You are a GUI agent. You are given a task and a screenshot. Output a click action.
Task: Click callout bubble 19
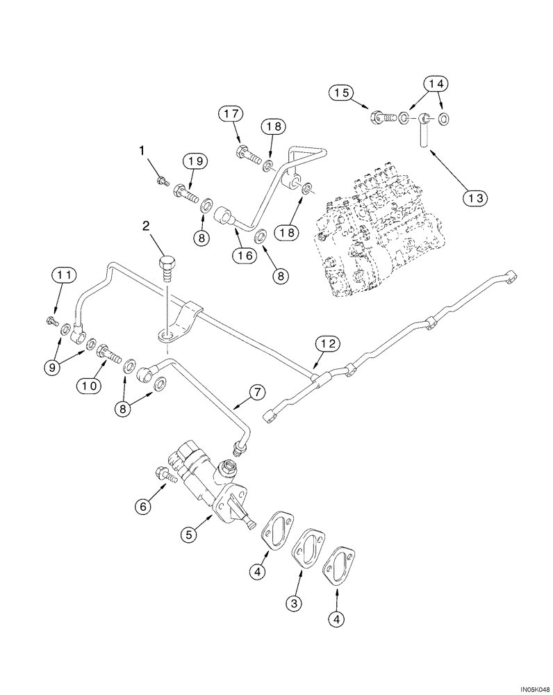click(x=195, y=162)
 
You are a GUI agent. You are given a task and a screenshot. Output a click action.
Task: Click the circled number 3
click(x=295, y=603)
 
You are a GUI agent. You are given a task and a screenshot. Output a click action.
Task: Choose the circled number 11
click(x=64, y=277)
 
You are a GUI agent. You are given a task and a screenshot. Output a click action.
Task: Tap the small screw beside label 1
click(x=163, y=181)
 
